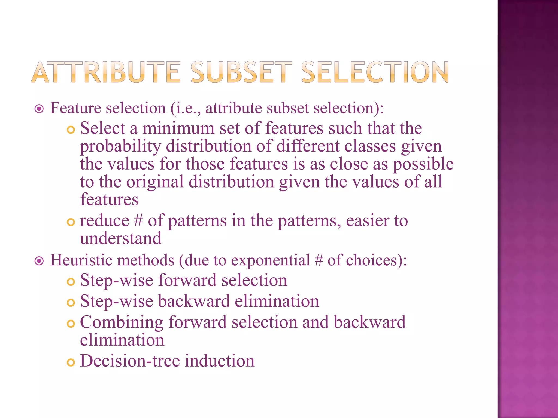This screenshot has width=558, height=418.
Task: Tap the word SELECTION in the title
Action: click(x=375, y=72)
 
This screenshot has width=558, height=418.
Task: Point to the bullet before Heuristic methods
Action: click(x=39, y=261)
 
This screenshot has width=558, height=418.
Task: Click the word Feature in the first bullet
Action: click(x=76, y=108)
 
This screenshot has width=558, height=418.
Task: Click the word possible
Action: click(x=423, y=164)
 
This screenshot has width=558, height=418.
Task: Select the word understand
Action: click(x=121, y=238)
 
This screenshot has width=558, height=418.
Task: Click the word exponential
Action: click(x=271, y=260)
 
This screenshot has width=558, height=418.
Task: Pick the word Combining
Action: click(x=122, y=323)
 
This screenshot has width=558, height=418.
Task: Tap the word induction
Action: click(x=220, y=361)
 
